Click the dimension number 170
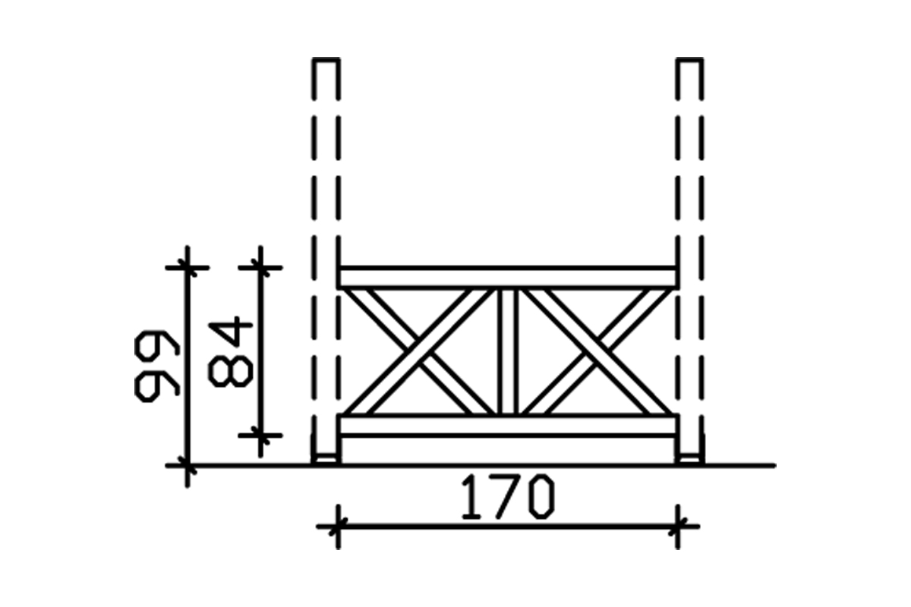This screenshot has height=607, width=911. (508, 497)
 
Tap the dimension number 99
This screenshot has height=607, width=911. (157, 364)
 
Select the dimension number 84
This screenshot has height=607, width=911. (230, 352)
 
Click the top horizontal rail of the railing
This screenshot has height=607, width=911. (507, 277)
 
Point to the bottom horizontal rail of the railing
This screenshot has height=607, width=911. (507, 426)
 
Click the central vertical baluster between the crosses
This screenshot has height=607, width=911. (507, 351)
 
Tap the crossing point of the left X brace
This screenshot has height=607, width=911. (419, 351)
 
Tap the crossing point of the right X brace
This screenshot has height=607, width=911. (595, 351)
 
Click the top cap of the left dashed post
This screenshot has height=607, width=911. (326, 60)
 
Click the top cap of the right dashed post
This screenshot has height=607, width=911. (690, 60)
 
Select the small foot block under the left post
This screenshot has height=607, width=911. (326, 458)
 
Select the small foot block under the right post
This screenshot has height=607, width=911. (690, 458)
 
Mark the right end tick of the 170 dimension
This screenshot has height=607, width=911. (678, 525)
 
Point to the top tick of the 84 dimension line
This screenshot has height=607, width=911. (260, 267)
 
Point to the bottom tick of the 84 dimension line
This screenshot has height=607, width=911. (260, 436)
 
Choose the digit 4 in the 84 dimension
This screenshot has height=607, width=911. (230, 332)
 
